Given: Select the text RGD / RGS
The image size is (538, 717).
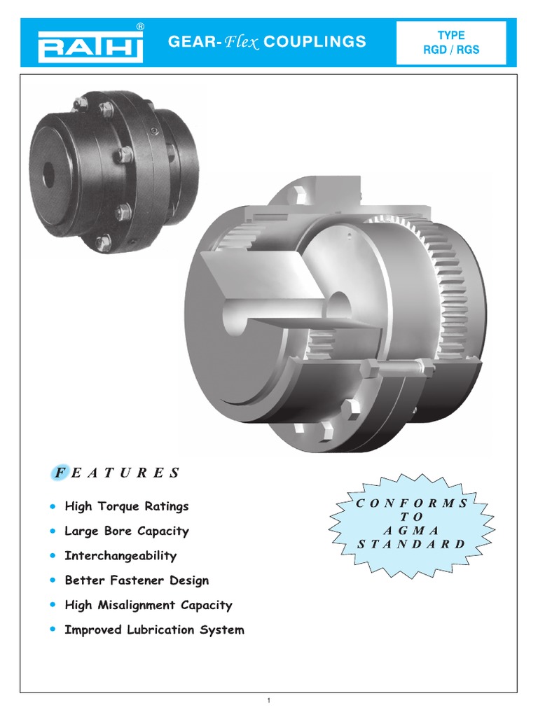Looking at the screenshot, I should coord(451,50).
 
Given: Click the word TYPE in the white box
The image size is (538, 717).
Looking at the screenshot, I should coord(451,35).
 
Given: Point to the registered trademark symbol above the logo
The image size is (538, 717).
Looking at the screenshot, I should coord(140,27).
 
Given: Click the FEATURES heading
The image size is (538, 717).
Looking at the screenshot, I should coord(116,473).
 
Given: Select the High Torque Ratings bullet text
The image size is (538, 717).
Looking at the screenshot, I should coord(126,506).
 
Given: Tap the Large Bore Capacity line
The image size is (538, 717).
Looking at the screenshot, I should coord(126,531).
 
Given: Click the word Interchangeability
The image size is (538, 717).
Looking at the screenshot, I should coord(120,556).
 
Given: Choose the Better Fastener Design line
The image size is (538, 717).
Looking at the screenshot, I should coord(136,580).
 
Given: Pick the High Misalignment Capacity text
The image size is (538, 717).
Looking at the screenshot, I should coord(148,605).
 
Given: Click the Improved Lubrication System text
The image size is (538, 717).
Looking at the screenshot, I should coord(154,630).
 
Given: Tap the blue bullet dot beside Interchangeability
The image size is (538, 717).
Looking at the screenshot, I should coord(53,556).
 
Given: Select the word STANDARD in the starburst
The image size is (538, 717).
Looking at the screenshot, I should coord(411,543).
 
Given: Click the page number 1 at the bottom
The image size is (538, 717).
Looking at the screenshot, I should coord(269,701).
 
